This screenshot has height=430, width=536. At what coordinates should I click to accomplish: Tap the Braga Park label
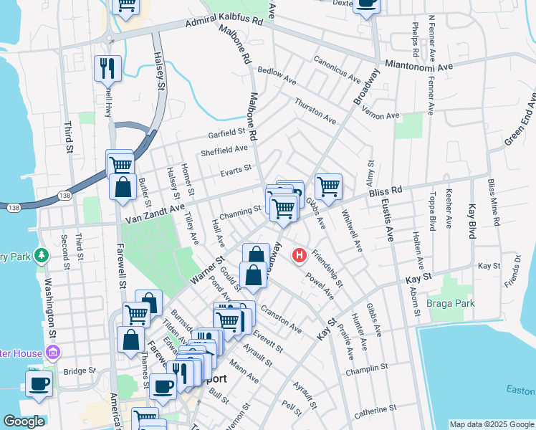click(x=451, y=303)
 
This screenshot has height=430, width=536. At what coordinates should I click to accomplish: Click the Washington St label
click(x=51, y=308)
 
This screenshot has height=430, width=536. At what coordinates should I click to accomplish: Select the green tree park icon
click(x=42, y=254)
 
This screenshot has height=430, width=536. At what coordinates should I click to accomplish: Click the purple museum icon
click(x=52, y=353)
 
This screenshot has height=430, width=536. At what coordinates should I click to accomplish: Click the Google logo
click(x=24, y=421)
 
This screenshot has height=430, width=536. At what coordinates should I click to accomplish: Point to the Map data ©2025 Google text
click(x=492, y=424)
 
